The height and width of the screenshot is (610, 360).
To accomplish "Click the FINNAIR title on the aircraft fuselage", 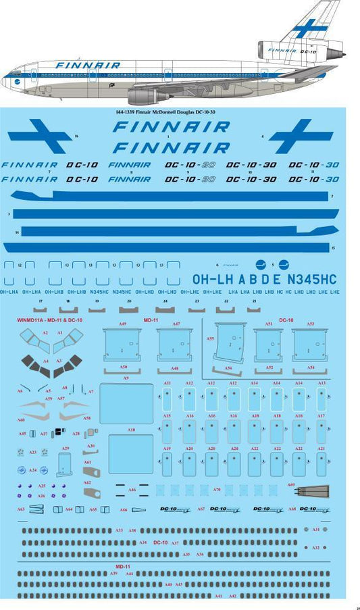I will pyautogui.click(x=88, y=66).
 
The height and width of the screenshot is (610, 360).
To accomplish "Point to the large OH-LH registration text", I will pyautogui.click(x=214, y=279).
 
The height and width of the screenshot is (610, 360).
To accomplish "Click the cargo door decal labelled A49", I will pyautogui.click(x=122, y=344).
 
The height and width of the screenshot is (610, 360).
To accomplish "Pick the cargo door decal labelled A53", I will pyautogui.click(x=311, y=344).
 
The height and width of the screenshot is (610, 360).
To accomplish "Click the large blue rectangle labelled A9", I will pyautogui.click(x=126, y=403).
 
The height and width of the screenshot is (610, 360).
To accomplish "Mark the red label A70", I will pyautogui.click(x=216, y=489).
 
